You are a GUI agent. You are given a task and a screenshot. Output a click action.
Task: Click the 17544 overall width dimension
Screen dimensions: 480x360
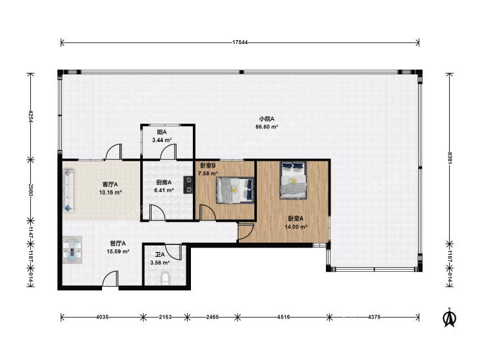pos(240,43)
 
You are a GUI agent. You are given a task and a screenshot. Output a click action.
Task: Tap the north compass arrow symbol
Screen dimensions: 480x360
pos(450,318)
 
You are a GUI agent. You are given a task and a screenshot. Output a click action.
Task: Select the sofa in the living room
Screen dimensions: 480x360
pos(69,190)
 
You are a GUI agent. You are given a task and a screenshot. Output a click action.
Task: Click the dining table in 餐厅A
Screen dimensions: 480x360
pos(72,249)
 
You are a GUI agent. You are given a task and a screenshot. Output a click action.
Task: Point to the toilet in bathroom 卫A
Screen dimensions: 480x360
pos(165,278)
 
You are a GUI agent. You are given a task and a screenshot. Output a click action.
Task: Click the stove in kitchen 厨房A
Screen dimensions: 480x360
pos(188,185)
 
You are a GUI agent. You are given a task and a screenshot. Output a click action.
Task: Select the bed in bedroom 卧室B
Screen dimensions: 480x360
pos(235,190)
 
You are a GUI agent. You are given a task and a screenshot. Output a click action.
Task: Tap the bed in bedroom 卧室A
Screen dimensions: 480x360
pos(294,180)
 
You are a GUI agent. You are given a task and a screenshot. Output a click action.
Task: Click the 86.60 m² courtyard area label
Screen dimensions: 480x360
pos(267,126)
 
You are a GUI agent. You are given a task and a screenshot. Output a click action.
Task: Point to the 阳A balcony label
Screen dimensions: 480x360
pos(161,132)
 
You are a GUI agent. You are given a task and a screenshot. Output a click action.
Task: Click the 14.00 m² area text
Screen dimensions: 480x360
pos(296,227)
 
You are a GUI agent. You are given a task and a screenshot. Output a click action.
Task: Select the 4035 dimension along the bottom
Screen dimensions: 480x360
pos(102,317)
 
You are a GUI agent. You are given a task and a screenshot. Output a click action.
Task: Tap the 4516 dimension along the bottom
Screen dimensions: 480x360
pos(284,317)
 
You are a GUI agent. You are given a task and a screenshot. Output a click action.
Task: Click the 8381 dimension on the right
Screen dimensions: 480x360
pos(450,158)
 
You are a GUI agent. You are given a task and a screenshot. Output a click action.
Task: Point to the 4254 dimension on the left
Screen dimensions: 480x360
pos(30,116)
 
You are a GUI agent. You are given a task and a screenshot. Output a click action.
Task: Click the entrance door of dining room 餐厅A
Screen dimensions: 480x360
pos(110,279)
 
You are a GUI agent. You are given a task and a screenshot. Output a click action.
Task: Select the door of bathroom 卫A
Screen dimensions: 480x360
pos(174,251)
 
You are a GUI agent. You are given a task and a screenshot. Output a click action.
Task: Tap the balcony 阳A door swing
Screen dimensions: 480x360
pos(168,152)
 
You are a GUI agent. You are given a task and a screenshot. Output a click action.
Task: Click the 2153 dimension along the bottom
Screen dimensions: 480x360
pos(165,317)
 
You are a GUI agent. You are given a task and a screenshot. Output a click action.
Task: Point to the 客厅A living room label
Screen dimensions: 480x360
pos(111,184)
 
